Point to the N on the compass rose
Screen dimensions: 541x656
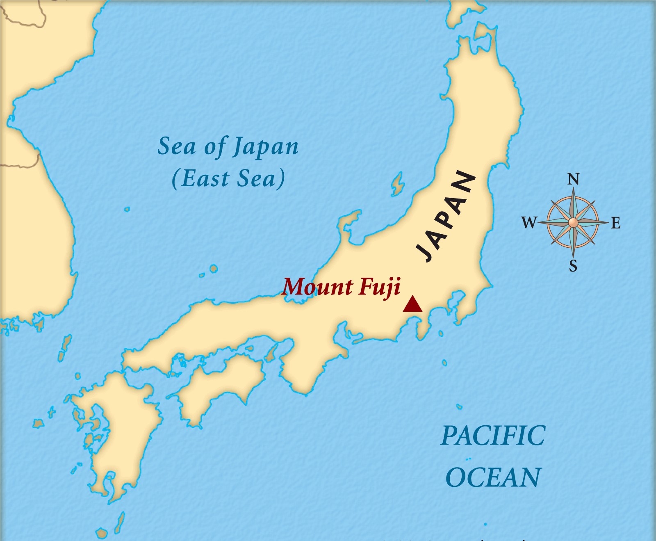click(573, 179)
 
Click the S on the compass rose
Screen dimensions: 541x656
click(573, 266)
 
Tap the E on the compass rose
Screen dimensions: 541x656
click(615, 223)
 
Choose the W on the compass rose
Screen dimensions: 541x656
click(529, 223)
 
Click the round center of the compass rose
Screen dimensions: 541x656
click(573, 223)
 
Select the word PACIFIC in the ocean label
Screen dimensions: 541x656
click(493, 436)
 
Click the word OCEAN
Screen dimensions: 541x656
click(493, 477)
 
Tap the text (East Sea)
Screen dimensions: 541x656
click(228, 179)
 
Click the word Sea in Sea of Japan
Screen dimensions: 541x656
click(177, 146)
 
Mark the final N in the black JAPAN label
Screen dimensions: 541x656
click(464, 181)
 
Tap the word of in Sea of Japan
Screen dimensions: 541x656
click(215, 146)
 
